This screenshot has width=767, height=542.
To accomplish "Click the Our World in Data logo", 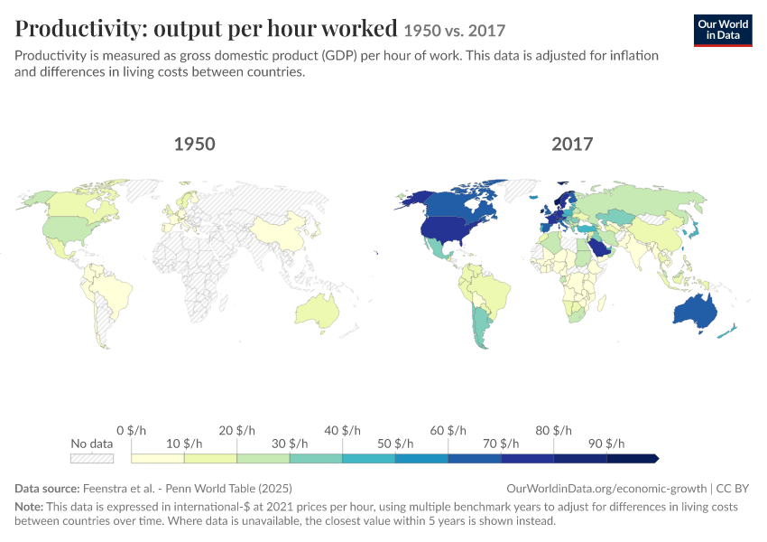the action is tap(723, 31).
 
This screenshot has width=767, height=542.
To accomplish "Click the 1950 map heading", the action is tap(194, 144).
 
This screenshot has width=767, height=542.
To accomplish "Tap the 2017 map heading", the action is tap(572, 144).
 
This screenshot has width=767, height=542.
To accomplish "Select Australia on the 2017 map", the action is tap(695, 312).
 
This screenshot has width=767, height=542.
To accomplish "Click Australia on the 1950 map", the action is tap(317, 312).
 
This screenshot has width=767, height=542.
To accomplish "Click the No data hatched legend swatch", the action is tap(92, 459).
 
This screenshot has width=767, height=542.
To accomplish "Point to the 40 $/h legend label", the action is tap(342, 430).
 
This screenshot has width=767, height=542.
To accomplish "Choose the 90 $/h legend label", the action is tap(606, 444).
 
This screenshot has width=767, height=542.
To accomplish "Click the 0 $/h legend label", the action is tap(131, 430).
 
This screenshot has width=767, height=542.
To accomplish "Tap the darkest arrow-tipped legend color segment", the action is tap(633, 459).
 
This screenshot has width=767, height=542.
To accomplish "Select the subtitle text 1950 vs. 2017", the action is tap(455, 31).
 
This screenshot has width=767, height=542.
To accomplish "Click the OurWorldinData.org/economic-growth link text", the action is tap(606, 488).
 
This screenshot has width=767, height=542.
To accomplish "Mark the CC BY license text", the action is tap(733, 488).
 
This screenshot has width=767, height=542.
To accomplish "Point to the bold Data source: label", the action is tap(47, 488).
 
